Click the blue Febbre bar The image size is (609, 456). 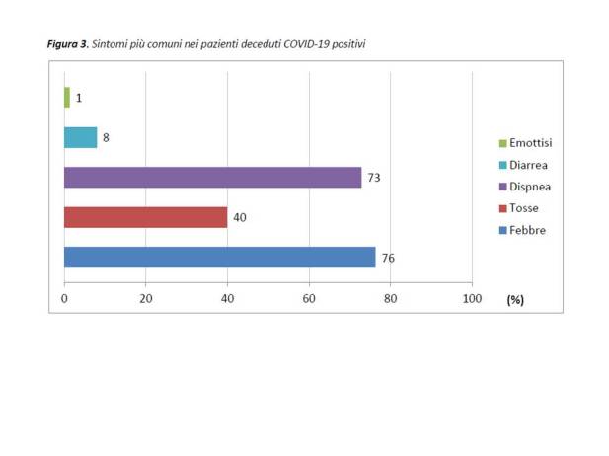pos(219,258)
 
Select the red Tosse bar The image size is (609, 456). pos(145,217)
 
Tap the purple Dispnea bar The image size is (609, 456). pos(212,178)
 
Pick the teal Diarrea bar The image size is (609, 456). pos(80,137)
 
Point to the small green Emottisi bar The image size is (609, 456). pos(67,97)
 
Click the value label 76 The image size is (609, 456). pos(388,258)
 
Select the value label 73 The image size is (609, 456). pos(374,178)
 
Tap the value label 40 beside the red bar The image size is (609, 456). pos(240,217)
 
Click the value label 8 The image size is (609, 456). pos(106,137)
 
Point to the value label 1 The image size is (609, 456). pos(79,98)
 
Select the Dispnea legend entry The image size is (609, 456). pos(529,187)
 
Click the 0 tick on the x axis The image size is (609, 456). pos(65,298)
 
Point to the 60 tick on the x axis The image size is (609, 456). pos(309,298)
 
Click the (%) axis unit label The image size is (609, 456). pos(514,299)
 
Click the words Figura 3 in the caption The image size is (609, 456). pos(66,45)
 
